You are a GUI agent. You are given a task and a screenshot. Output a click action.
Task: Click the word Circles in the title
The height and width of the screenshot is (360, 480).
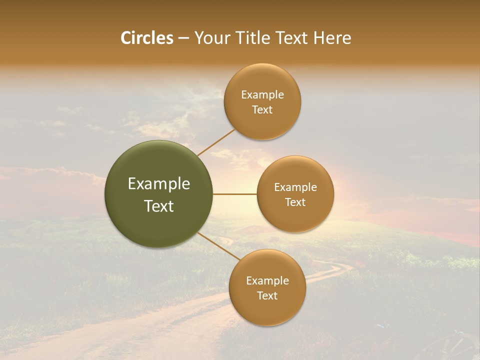146,38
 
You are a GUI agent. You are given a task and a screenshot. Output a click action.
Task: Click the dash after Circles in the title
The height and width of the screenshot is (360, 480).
183,38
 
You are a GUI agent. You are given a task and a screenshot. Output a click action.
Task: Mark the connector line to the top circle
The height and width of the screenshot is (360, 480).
216,142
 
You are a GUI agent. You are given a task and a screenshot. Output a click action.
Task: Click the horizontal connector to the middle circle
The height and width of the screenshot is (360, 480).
235,194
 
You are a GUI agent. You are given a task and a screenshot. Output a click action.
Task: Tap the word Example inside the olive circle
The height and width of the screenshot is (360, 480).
159,184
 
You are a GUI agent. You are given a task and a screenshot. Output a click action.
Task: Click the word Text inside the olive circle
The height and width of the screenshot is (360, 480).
159,206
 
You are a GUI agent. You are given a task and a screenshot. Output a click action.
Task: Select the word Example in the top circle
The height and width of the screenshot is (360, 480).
262,95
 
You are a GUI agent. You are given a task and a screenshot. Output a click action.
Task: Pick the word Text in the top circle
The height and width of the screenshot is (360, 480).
262,110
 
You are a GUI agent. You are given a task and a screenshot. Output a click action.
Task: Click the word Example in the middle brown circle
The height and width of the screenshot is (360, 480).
295,187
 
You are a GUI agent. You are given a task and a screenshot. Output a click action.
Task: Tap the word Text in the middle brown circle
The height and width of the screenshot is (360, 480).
295,202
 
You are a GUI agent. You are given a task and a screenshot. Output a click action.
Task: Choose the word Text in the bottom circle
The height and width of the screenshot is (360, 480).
267,296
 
